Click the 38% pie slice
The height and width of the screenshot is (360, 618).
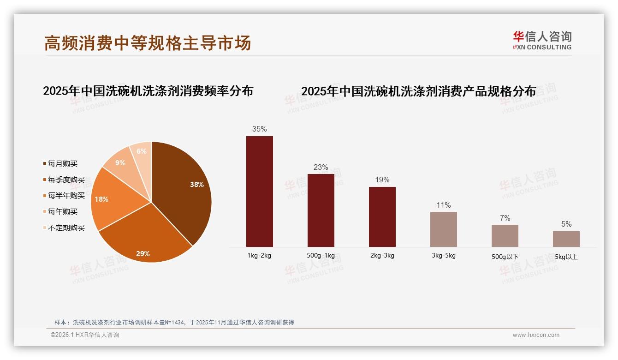(182, 189)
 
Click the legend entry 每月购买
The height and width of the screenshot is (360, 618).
(63, 164)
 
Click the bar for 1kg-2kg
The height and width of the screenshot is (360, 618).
(259, 192)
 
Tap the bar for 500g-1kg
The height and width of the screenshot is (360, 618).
(321, 210)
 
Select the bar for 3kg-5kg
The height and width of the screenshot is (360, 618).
(443, 229)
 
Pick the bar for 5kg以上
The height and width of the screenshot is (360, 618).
(566, 239)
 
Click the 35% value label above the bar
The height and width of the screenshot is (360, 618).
(259, 129)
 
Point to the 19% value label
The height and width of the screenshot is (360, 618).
(382, 180)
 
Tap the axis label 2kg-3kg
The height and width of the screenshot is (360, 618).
(382, 256)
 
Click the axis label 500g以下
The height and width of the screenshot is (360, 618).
(505, 257)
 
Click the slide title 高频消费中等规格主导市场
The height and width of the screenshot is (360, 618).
(148, 43)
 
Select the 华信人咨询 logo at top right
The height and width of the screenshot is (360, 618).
(542, 40)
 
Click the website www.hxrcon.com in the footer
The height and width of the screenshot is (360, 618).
(536, 335)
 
